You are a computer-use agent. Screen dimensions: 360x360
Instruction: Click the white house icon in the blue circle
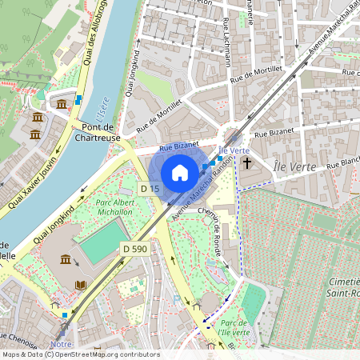point(180,172)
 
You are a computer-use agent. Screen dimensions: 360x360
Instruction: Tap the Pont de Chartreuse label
point(97,132)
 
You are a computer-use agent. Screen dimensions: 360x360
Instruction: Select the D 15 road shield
point(149,188)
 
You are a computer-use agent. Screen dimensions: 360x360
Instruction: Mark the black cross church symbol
point(247,163)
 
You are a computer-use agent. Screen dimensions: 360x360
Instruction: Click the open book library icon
point(80,285)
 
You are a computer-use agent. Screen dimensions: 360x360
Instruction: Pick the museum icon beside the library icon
point(64,259)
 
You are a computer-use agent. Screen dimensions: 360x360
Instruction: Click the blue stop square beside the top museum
point(78,100)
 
